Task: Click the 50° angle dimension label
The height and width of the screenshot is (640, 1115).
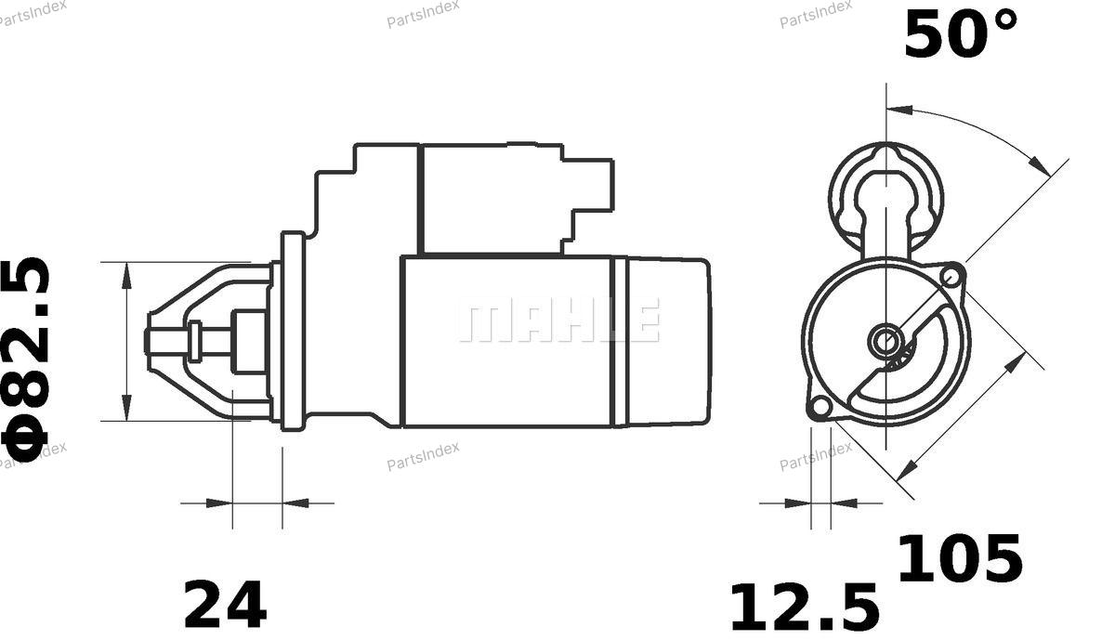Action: coord(961,35)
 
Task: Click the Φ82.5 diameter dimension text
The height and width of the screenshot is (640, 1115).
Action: coord(26,359)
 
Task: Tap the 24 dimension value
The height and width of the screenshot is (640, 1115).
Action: coord(225,605)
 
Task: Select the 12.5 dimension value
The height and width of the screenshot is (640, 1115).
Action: coord(805,608)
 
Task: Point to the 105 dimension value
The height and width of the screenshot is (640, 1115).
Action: coord(960,558)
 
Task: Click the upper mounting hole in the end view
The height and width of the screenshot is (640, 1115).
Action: coord(951,275)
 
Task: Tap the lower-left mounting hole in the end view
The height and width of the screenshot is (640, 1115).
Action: coord(820,407)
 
